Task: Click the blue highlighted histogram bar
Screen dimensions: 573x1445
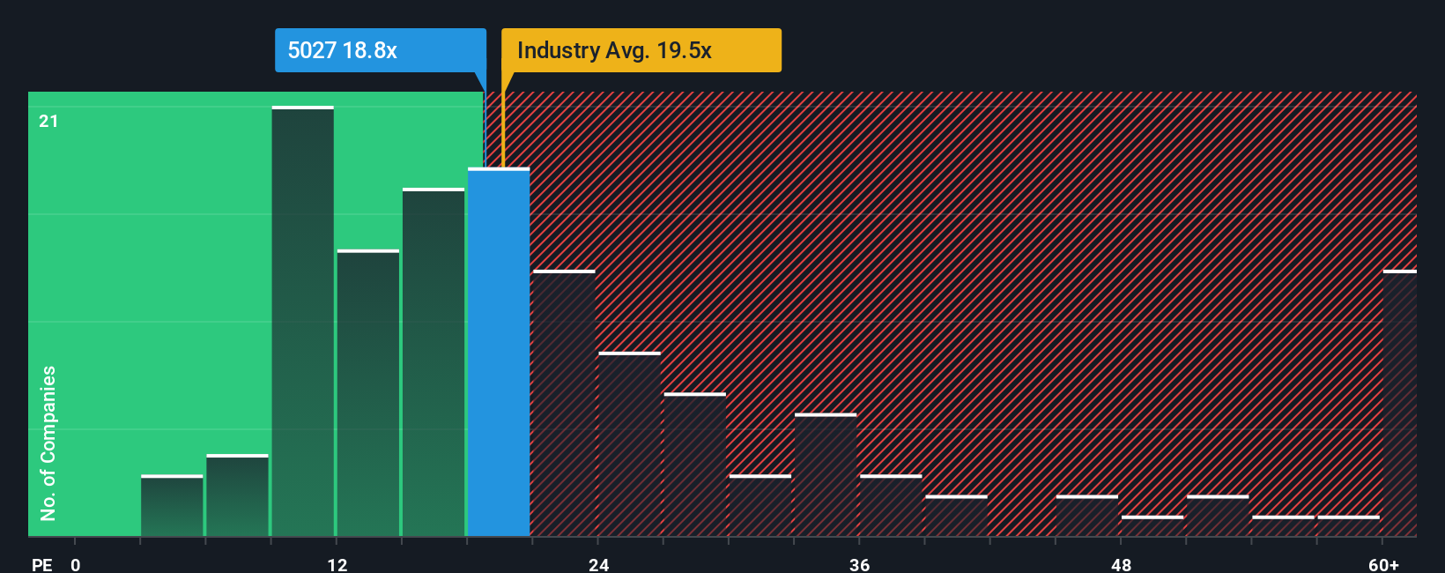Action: click(x=499, y=353)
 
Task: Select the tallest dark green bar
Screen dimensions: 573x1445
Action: click(x=302, y=322)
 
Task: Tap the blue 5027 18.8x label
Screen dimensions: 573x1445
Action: click(x=380, y=50)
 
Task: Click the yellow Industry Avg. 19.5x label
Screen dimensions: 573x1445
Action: click(x=641, y=50)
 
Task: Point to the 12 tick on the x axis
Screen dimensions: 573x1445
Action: click(x=337, y=564)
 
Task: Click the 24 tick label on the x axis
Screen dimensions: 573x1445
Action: click(x=598, y=564)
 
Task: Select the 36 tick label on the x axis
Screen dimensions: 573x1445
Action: click(x=859, y=564)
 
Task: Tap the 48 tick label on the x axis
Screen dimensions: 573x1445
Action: click(x=1121, y=564)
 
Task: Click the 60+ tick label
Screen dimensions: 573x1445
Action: click(x=1383, y=564)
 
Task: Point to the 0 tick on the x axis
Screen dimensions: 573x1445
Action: click(x=76, y=564)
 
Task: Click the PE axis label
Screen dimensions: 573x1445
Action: click(x=41, y=564)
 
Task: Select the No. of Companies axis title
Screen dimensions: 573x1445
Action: click(x=48, y=443)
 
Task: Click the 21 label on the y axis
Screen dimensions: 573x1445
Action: click(x=48, y=121)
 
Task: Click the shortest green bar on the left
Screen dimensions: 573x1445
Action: click(x=172, y=506)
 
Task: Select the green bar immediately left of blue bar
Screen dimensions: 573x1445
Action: click(x=433, y=362)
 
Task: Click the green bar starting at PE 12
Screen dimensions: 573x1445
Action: click(x=368, y=393)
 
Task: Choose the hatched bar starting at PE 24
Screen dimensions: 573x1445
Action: click(x=629, y=444)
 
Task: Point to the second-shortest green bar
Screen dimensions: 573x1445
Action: click(x=237, y=495)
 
